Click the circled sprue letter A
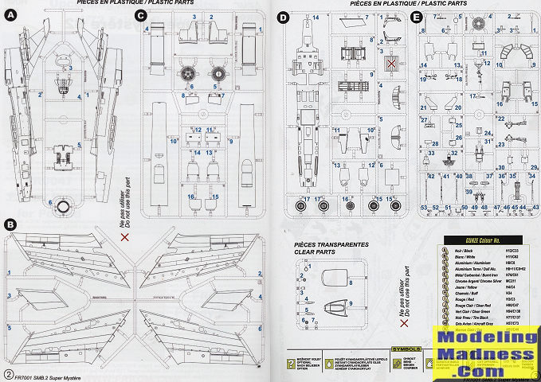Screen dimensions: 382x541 pos(10,14)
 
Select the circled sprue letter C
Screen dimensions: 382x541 pos(141,14)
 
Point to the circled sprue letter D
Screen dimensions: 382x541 pos(283,16)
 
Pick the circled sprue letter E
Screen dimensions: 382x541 pos(415,15)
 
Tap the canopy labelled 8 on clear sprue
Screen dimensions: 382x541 pos(339,279)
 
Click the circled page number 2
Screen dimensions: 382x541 pos(8,373)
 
